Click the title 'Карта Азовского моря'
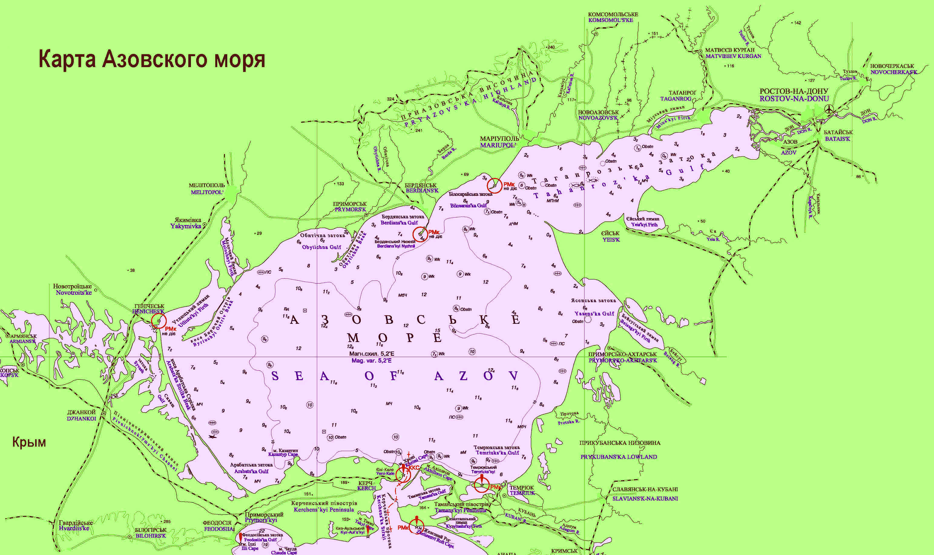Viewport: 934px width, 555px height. (x=152, y=59)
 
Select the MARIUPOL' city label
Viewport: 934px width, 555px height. (x=498, y=145)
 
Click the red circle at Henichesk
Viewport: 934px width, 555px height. (x=159, y=321)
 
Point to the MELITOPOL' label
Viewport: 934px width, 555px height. (x=207, y=192)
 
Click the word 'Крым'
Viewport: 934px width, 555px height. (x=29, y=442)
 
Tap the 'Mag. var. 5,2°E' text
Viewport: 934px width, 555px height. (x=372, y=361)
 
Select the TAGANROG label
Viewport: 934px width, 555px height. (x=676, y=99)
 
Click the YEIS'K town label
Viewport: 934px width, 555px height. (x=611, y=239)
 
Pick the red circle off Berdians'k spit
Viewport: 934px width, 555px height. (x=420, y=234)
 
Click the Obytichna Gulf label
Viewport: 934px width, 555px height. (x=321, y=247)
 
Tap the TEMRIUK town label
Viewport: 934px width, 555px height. (x=522, y=493)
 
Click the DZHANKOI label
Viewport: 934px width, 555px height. (x=82, y=419)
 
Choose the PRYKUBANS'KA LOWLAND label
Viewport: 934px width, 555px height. (x=619, y=457)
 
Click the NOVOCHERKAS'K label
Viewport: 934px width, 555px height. (x=893, y=72)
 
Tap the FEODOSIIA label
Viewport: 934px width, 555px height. (x=219, y=529)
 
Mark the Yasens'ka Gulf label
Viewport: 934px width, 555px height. (x=594, y=313)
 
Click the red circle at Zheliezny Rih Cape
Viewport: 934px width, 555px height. (x=416, y=527)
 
